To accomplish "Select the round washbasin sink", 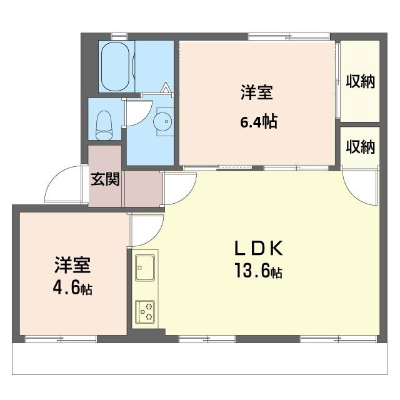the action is point(162,122).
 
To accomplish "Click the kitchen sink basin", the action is point(145,267).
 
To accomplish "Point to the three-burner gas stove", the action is point(145,311).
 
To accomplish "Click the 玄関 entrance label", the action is point(105,179).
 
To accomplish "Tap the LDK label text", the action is point(258,248).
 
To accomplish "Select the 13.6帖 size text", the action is point(258,271).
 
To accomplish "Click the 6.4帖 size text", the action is point(259,121).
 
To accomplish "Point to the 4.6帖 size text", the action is point(72,287).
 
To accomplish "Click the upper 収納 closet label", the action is point(360,82).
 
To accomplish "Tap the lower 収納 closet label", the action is point(360,147).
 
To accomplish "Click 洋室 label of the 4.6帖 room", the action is point(72,265).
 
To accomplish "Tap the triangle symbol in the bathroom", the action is point(166,87).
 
